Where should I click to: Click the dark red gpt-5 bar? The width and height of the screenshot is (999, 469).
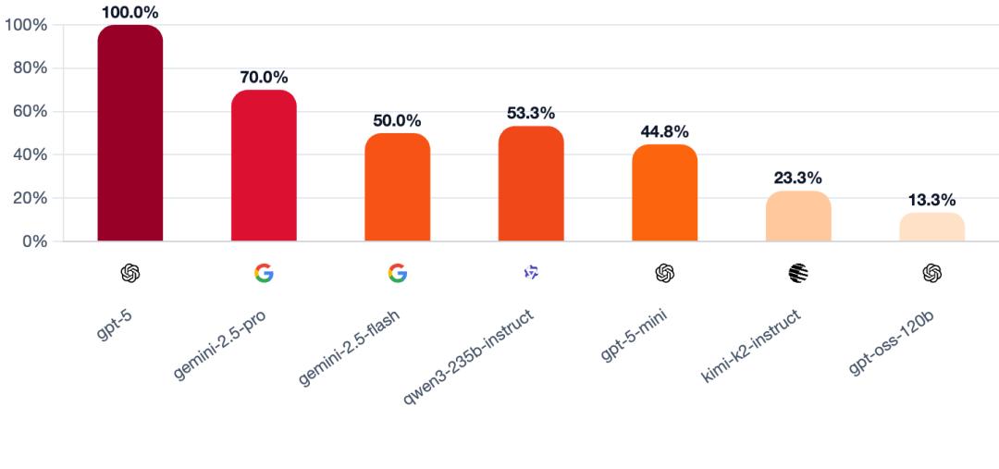tap(130, 133)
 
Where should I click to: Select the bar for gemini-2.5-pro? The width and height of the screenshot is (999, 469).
tap(264, 166)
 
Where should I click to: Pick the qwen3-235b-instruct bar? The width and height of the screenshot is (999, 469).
tap(531, 183)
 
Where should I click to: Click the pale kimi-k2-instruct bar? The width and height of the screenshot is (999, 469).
tap(798, 216)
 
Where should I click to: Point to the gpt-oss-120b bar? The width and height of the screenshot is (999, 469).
tap(931, 227)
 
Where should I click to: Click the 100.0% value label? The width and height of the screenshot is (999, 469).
tap(130, 12)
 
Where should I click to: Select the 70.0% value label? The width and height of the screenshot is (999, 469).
tap(264, 77)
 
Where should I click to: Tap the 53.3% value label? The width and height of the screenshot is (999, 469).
tap(531, 113)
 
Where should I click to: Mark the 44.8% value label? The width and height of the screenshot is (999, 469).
tap(664, 131)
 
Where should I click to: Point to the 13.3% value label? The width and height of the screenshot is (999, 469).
tap(931, 200)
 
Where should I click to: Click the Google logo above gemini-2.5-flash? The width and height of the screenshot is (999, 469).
tap(397, 273)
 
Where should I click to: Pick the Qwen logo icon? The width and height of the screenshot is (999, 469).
tap(531, 273)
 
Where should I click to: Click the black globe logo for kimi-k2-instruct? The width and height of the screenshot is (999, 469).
tap(798, 273)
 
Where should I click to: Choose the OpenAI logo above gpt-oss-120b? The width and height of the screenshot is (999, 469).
tap(931, 273)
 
